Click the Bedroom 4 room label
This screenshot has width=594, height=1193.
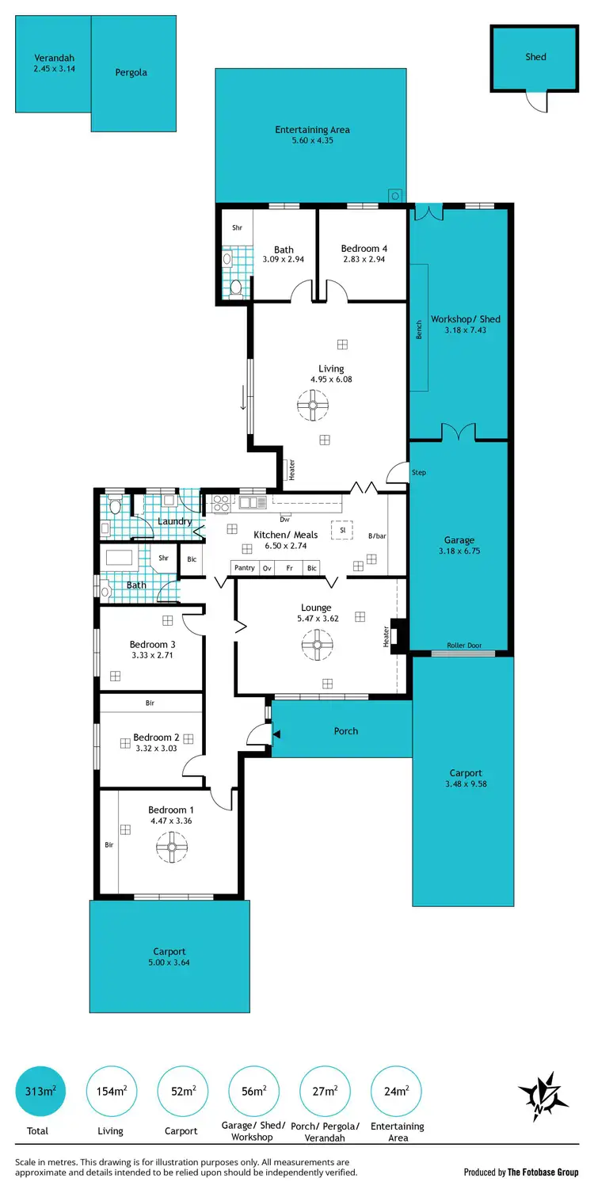click(x=364, y=249)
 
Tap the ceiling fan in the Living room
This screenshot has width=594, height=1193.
click(x=313, y=408)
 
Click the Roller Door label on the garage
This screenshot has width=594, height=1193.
click(x=464, y=646)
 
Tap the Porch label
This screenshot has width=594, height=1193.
click(x=346, y=731)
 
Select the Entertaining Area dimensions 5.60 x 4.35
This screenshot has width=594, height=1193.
click(x=312, y=141)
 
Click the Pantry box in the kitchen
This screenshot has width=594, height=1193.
click(x=245, y=568)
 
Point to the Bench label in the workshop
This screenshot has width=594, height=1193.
click(x=420, y=330)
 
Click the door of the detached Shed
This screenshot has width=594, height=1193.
click(x=536, y=101)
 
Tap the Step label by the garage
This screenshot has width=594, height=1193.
click(x=419, y=473)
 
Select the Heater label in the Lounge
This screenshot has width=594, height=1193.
click(x=386, y=635)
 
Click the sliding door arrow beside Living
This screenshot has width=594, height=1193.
click(x=243, y=397)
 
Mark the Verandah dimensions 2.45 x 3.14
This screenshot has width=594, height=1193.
click(x=54, y=69)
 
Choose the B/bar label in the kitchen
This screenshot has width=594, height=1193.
click(x=377, y=536)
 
